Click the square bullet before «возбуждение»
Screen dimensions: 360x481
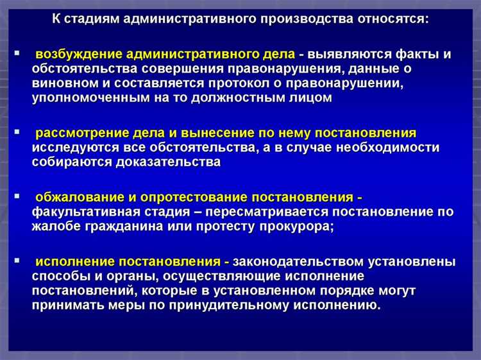pyautogui.click(x=16, y=52)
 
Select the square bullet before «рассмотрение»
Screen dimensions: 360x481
pyautogui.click(x=16, y=131)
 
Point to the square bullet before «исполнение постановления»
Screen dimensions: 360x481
pyautogui.click(x=16, y=259)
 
